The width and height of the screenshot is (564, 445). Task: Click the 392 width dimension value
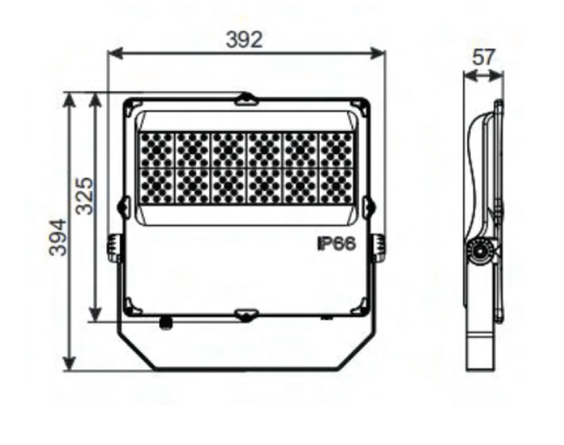click(244, 39)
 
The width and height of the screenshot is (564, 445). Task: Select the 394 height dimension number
click(59, 237)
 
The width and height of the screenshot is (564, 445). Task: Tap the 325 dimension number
click(85, 196)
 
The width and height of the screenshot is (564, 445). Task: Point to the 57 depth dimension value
click(484, 57)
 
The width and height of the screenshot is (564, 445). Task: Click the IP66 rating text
click(336, 244)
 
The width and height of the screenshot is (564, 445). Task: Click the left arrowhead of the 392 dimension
click(115, 54)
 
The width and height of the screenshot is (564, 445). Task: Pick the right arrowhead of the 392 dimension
click(378, 54)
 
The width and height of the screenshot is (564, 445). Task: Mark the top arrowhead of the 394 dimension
click(69, 100)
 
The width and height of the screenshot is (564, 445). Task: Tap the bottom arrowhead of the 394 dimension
click(69, 363)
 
